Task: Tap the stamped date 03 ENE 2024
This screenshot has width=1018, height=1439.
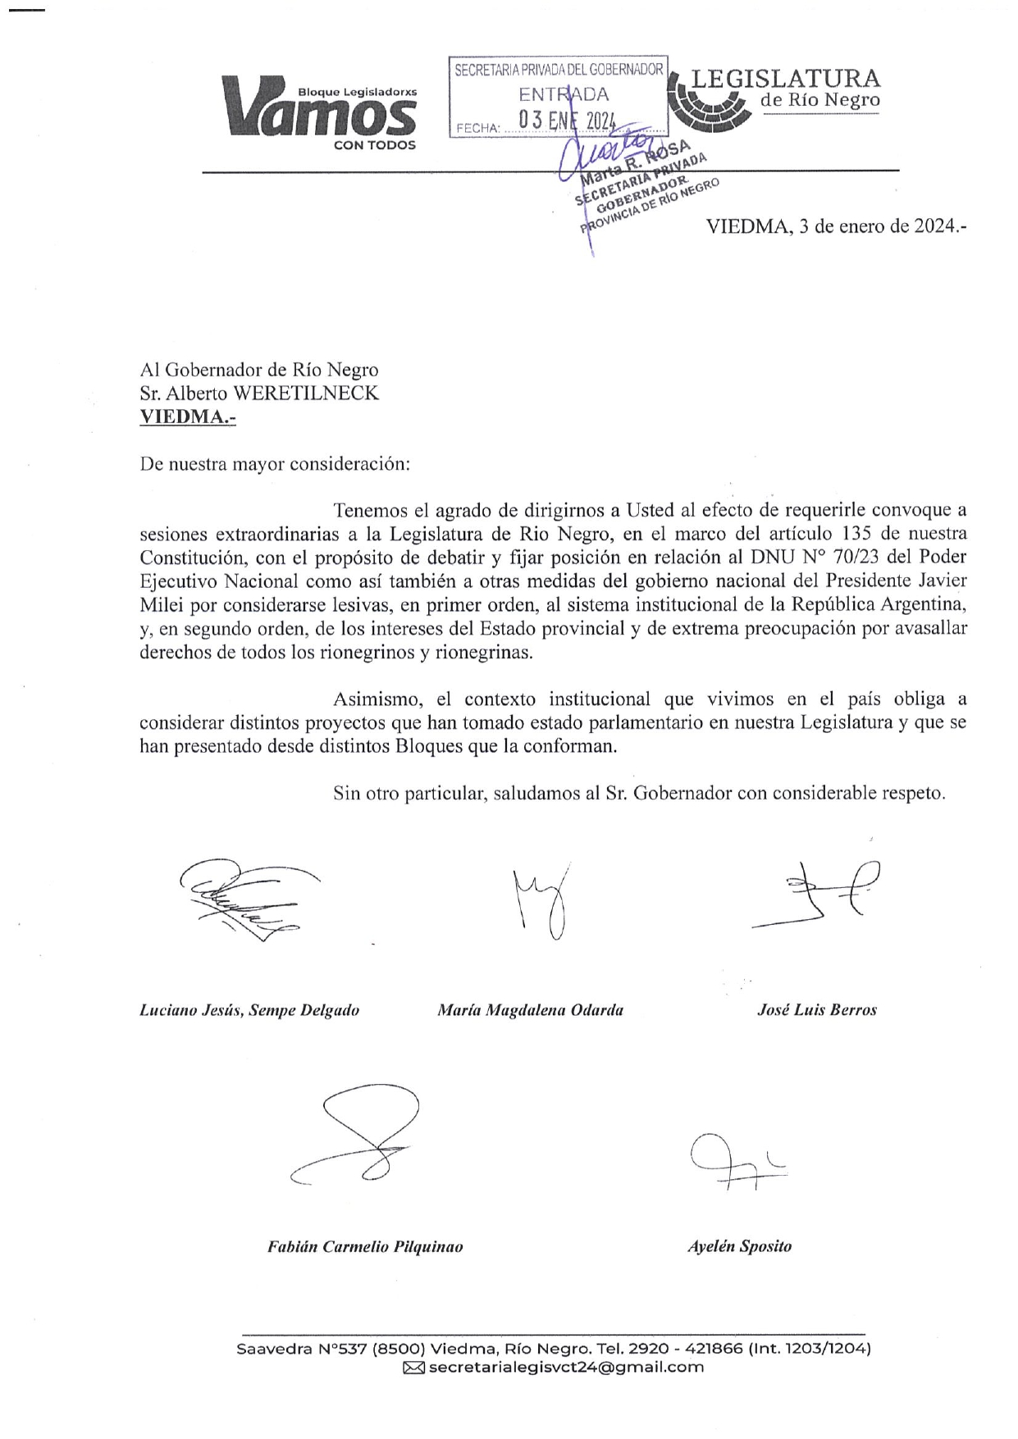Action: coord(567,121)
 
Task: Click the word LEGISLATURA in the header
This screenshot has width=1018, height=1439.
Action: coord(785,78)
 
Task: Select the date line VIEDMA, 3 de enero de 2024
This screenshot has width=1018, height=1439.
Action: coord(836,227)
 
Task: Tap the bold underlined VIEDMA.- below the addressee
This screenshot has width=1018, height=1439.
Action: coord(188,417)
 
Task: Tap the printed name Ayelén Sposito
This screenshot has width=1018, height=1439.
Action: coord(739,1246)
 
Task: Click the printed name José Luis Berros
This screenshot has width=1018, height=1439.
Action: coord(816,1010)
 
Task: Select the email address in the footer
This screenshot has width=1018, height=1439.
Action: coord(566,1367)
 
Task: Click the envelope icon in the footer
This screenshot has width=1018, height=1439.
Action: coord(413,1367)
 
